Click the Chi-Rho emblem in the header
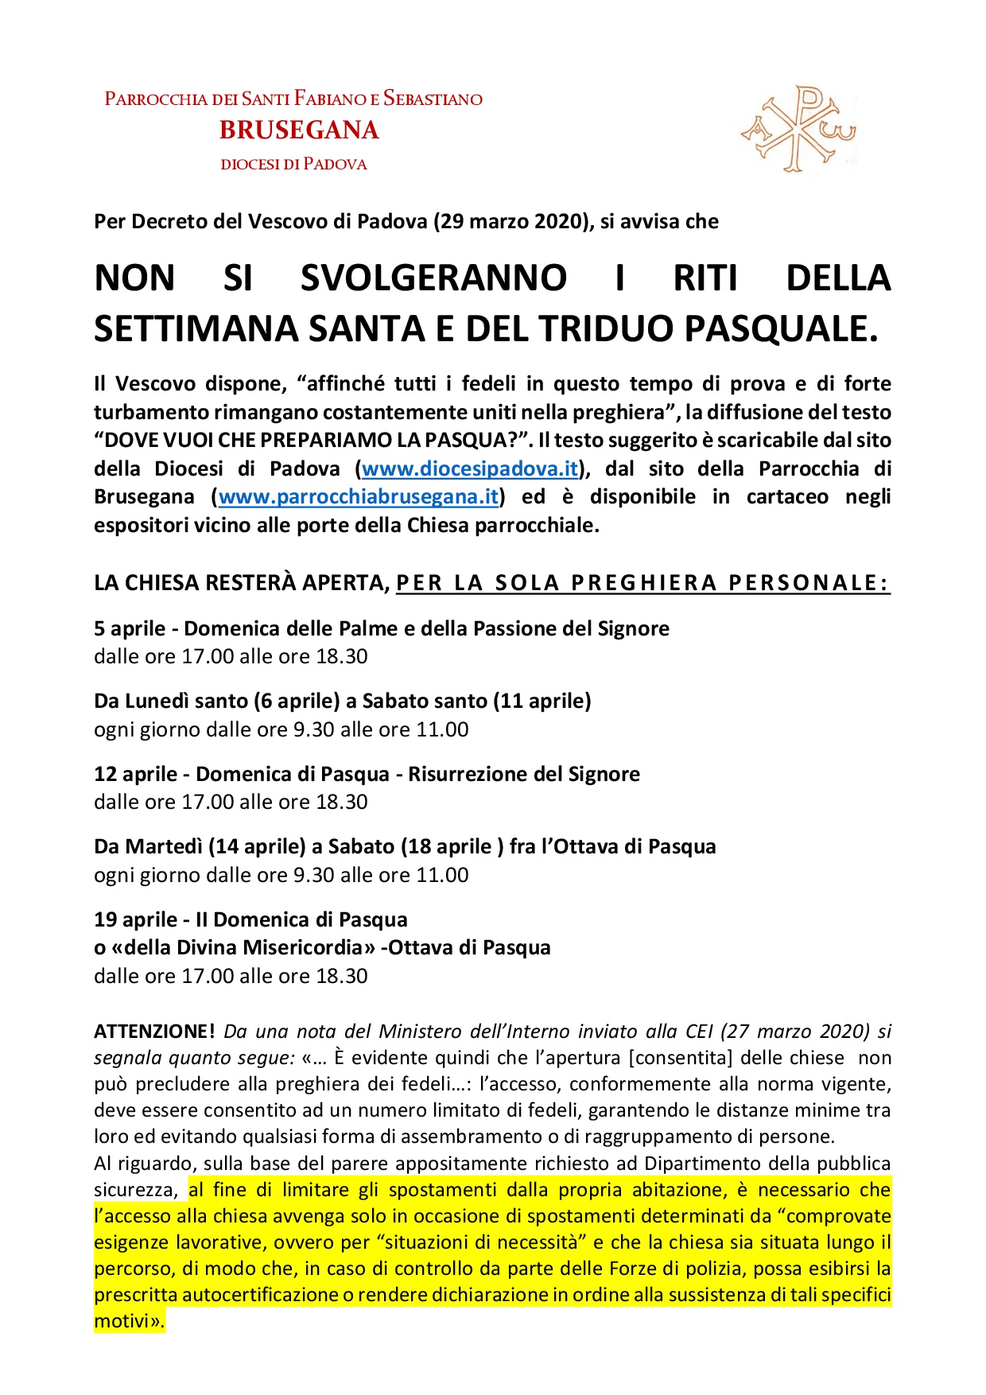click(x=798, y=129)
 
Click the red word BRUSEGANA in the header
click(x=299, y=130)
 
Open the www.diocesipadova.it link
click(x=469, y=468)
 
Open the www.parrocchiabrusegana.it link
click(x=359, y=497)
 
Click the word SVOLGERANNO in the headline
click(x=433, y=278)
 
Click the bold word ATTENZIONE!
click(x=154, y=1032)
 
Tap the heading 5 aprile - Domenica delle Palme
click(x=382, y=628)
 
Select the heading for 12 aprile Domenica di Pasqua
click(x=367, y=774)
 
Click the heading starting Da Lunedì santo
click(x=342, y=701)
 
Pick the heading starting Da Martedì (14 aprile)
click(x=405, y=846)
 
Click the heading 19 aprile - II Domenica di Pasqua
click(x=250, y=919)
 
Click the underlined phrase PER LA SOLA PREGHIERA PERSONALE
click(x=642, y=583)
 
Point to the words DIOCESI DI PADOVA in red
click(x=293, y=165)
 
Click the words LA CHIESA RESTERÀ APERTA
click(x=239, y=583)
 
